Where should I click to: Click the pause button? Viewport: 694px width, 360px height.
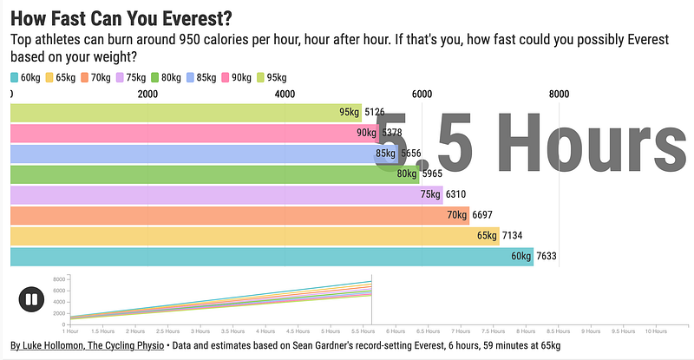(31, 300)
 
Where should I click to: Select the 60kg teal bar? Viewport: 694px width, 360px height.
(260, 256)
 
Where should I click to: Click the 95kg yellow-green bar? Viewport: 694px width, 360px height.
(173, 112)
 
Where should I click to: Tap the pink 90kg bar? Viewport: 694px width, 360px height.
(173, 133)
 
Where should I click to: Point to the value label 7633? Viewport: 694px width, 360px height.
(550, 256)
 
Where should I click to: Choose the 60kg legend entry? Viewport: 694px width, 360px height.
(26, 78)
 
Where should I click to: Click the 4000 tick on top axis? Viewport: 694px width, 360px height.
(285, 95)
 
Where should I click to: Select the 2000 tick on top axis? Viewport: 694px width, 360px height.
(148, 95)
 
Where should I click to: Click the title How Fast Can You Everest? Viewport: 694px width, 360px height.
(127, 17)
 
